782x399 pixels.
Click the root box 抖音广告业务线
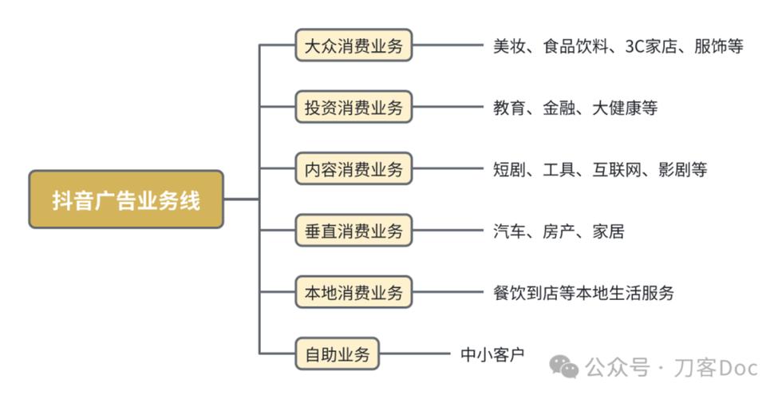(126, 199)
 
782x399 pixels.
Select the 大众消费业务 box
(353, 45)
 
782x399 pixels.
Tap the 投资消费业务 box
(353, 107)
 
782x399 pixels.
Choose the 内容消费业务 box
(353, 169)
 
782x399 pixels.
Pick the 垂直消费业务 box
(353, 231)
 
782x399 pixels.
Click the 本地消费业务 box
(353, 293)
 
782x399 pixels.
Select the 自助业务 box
(337, 354)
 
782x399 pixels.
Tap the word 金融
(559, 108)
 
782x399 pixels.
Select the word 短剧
(509, 169)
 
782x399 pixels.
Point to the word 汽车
(509, 231)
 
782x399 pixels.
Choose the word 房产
(559, 231)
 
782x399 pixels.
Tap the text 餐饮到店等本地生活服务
(583, 293)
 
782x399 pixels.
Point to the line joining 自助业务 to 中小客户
(415, 354)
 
